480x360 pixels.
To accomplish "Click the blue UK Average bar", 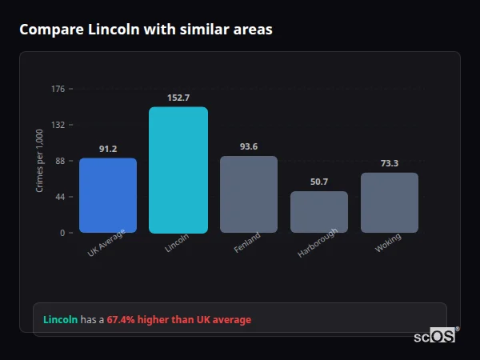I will [x=108, y=195].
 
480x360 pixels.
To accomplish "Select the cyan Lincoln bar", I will [x=178, y=170].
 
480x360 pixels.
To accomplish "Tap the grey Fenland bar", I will [x=249, y=194].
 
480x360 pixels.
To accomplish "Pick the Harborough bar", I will [x=319, y=212].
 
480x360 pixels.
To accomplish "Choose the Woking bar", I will [x=390, y=202].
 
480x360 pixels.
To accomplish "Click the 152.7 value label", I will [x=178, y=98].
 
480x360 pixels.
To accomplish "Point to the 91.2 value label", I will [x=108, y=149].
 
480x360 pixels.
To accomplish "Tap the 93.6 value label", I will [x=249, y=146].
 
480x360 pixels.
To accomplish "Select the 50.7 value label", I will [x=319, y=182].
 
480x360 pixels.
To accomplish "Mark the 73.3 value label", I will [x=390, y=163].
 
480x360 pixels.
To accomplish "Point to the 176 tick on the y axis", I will [x=58, y=89].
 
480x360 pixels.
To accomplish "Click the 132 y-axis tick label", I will [x=58, y=125].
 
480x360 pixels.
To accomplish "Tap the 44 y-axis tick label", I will [x=60, y=197].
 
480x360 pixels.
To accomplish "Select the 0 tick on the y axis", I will [x=62, y=233].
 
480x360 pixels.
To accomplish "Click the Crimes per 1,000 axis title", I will [x=39, y=161].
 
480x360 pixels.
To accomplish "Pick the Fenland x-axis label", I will [x=247, y=244].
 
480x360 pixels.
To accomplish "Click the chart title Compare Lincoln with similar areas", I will [x=146, y=30].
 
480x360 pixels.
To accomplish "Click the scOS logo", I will [x=435, y=336].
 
